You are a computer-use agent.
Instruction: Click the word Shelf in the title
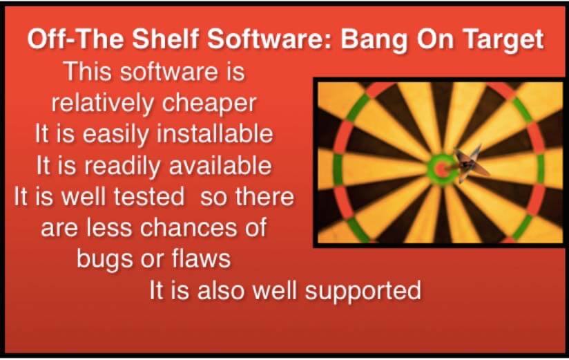[166, 38]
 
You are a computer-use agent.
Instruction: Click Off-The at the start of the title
[75, 38]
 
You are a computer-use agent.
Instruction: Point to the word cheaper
[209, 104]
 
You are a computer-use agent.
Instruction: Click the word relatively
[103, 103]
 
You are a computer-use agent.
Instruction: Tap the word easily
[116, 135]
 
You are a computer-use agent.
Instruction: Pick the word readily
[124, 167]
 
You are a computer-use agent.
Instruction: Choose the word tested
[148, 197]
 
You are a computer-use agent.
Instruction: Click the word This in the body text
[88, 71]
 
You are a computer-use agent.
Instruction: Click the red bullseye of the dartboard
[441, 169]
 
